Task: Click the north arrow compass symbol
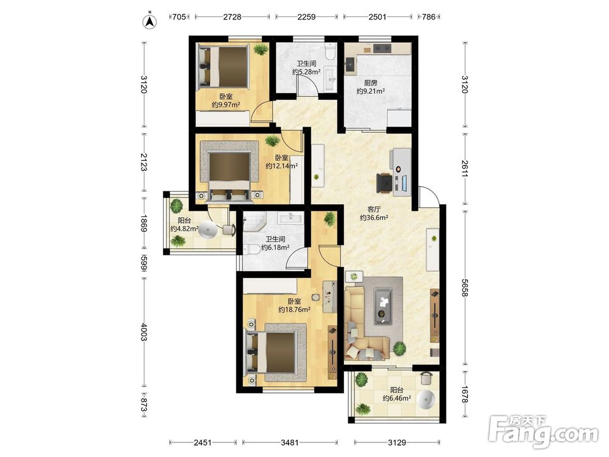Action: (150, 22)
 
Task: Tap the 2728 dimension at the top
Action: (232, 16)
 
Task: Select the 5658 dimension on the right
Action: (465, 287)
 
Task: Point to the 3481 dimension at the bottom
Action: (290, 442)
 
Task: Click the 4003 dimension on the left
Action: (144, 331)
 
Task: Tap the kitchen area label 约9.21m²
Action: (371, 91)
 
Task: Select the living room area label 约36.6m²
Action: (374, 218)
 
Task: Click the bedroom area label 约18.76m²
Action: (294, 310)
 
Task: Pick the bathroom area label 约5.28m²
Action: (306, 72)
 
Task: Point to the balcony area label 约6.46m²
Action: (397, 399)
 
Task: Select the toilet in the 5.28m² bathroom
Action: (330, 51)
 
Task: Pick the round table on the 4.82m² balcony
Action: (208, 230)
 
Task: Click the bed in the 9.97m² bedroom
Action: (224, 66)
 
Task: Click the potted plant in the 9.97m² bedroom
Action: (261, 49)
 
